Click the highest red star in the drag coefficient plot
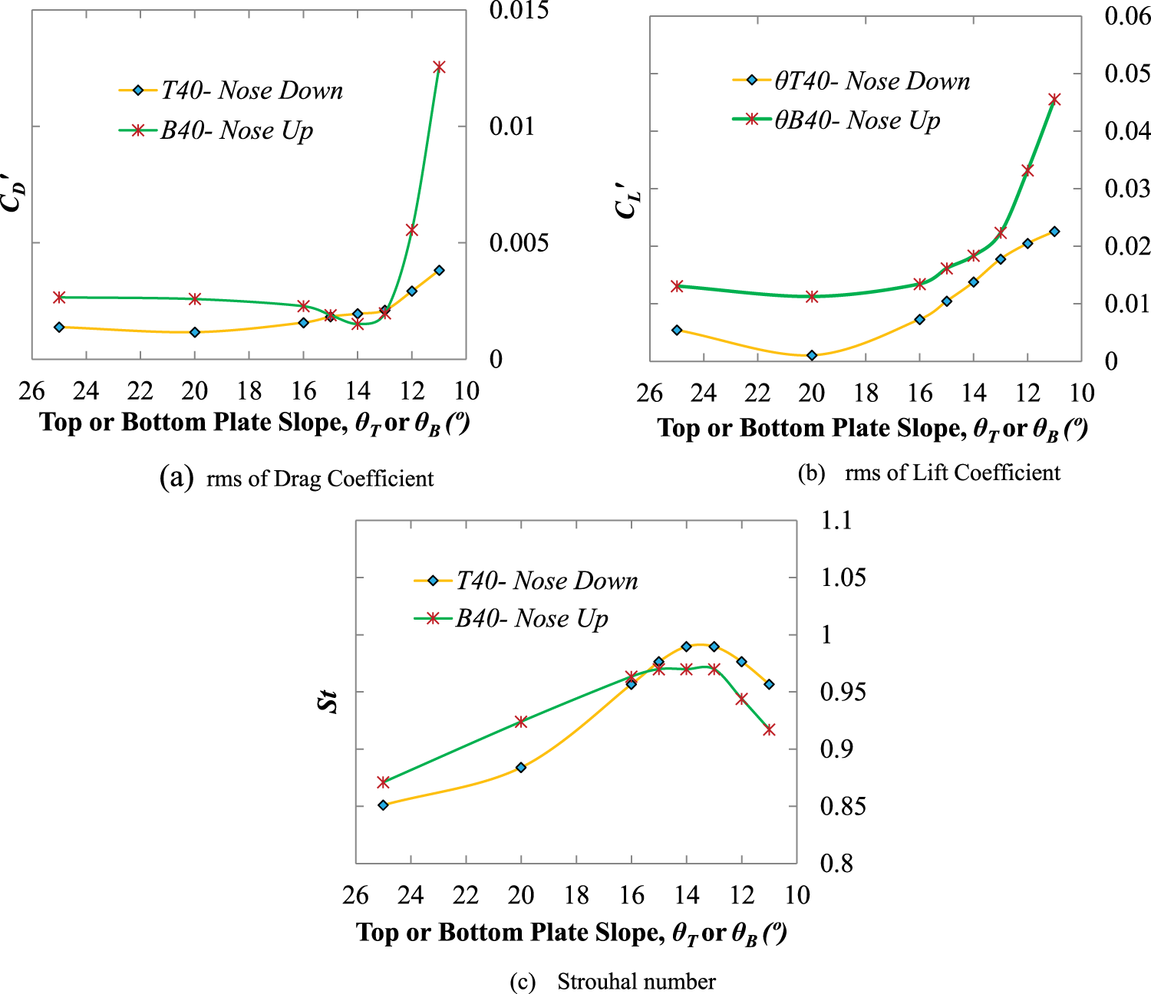click(x=439, y=67)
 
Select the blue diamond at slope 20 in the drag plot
click(x=195, y=332)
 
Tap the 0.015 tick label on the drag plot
click(x=519, y=11)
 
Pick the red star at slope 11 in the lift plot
click(x=1054, y=100)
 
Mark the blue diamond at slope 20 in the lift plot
click(x=812, y=355)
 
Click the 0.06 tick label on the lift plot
click(x=1127, y=16)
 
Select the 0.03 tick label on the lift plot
click(x=1127, y=189)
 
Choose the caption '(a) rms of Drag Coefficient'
click(x=297, y=479)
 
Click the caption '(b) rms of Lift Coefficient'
click(x=929, y=473)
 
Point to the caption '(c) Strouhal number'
click(x=612, y=982)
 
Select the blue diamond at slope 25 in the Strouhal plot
click(x=384, y=805)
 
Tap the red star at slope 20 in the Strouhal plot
click(x=521, y=722)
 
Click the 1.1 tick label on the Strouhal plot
click(x=836, y=521)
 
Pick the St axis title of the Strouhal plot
click(x=328, y=699)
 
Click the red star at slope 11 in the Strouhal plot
click(x=769, y=730)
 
